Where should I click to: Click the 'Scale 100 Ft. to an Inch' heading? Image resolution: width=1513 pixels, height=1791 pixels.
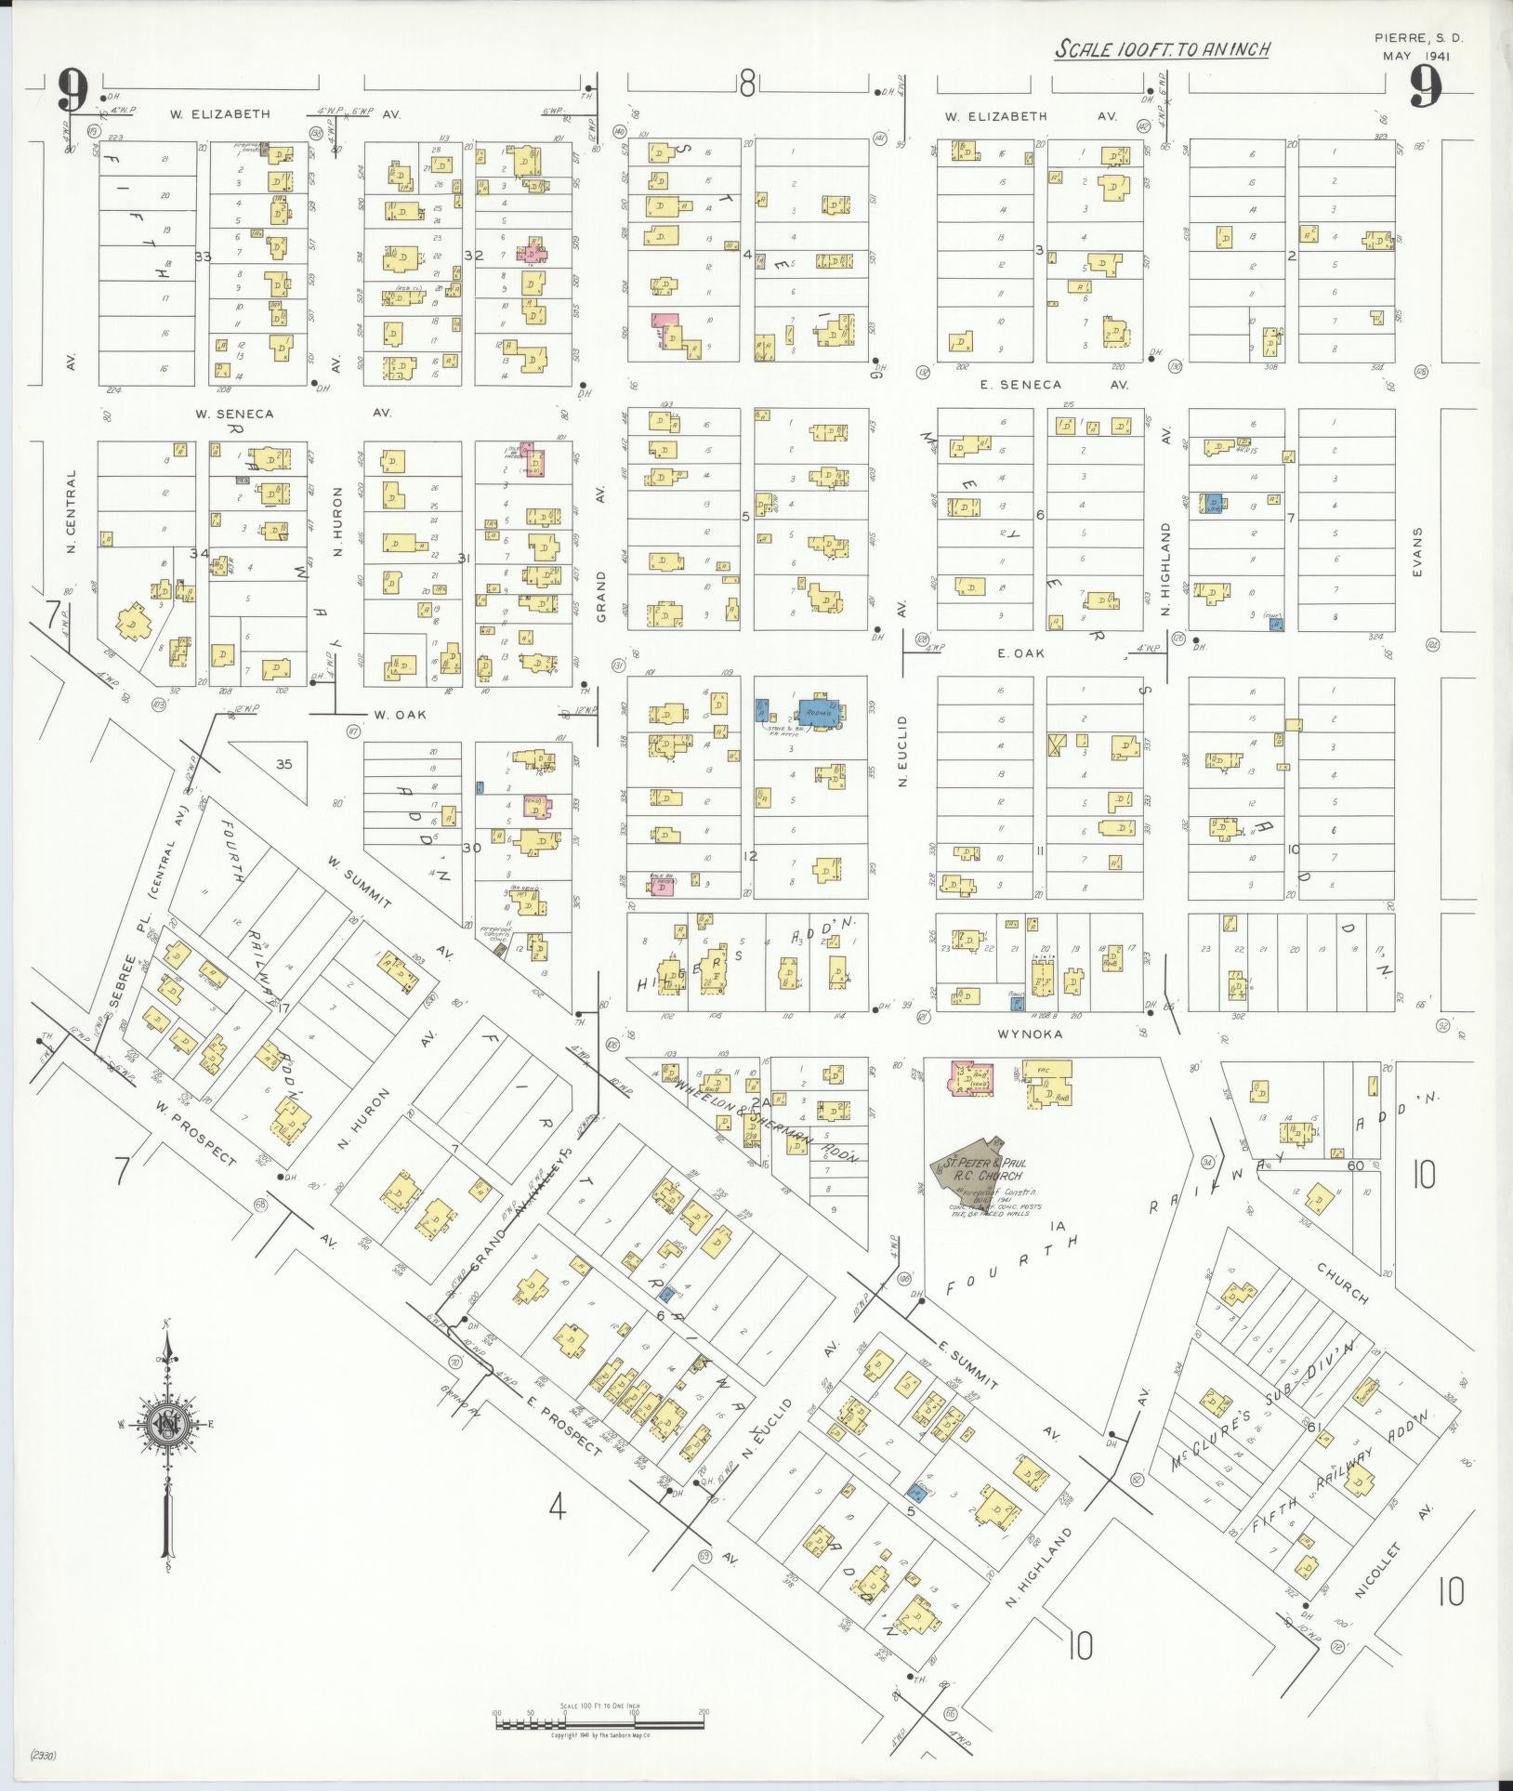pos(1162,49)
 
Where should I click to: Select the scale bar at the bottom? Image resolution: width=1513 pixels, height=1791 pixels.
pos(599,1722)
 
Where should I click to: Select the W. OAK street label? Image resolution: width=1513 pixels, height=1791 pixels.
pos(393,715)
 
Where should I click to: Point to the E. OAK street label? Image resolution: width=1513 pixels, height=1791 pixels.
pos(1020,653)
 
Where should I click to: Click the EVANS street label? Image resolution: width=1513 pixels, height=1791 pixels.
pos(1417,553)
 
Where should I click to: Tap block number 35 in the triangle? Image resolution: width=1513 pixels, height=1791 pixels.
pos(283,764)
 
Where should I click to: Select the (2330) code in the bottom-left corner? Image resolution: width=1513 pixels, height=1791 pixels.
pos(44,1756)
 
